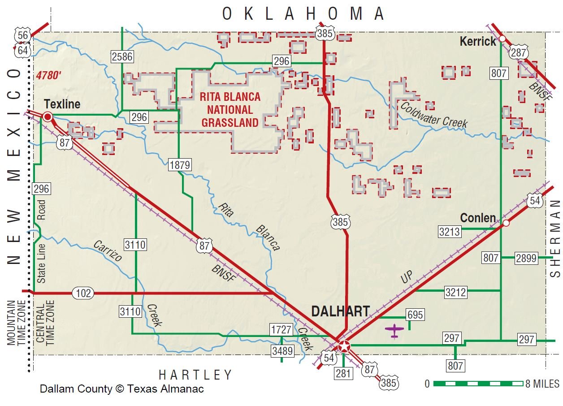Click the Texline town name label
click(62, 104)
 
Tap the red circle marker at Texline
click(48, 117)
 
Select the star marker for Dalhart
click(344, 346)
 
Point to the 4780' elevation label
click(48, 75)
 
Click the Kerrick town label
click(478, 42)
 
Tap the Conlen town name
click(478, 218)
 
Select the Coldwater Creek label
click(433, 115)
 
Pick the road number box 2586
click(122, 56)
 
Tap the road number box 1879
click(180, 165)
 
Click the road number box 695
click(415, 315)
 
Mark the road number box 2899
click(526, 258)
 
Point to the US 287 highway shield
click(519, 52)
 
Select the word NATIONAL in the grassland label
click(227, 110)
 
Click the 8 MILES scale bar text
click(542, 384)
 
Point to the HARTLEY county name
click(196, 375)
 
